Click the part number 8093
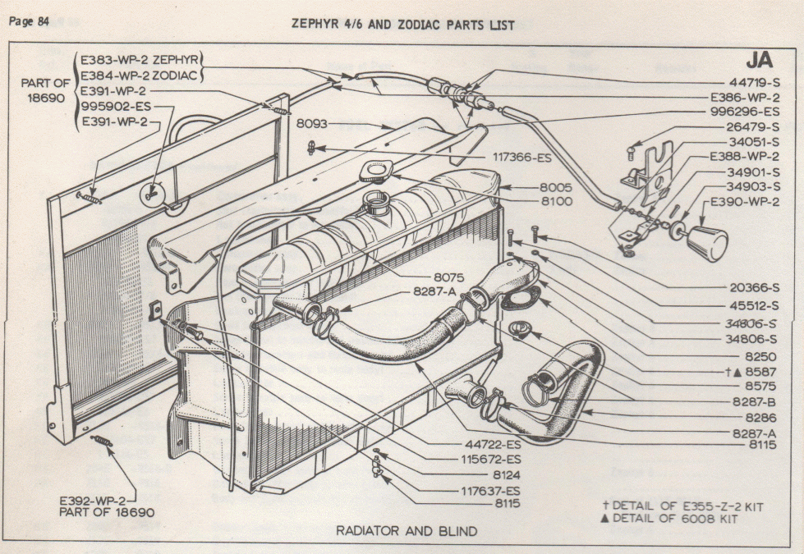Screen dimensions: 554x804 click(x=313, y=125)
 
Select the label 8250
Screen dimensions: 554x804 click(x=760, y=357)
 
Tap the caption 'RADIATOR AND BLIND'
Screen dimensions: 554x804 click(x=406, y=531)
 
